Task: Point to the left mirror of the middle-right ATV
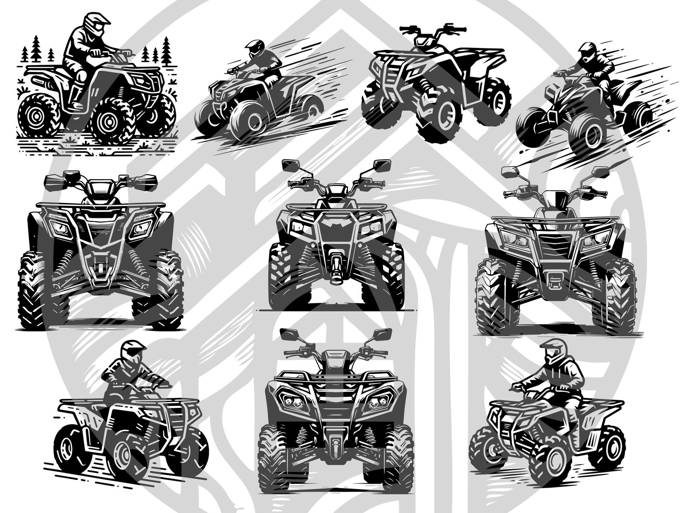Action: click(x=510, y=171)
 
